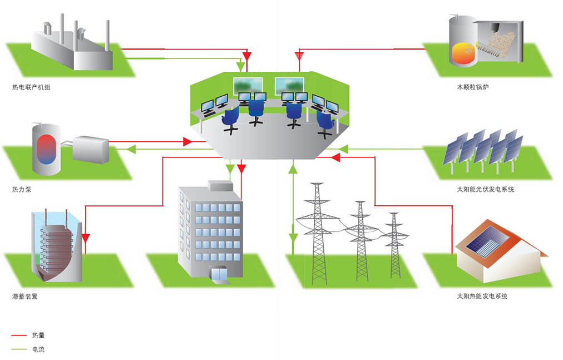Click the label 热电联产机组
(31, 87)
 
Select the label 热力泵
(22, 190)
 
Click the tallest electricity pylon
(318, 234)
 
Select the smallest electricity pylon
(395, 245)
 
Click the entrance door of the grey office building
(219, 274)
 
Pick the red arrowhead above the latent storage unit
(86, 238)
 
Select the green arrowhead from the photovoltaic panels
(343, 149)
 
